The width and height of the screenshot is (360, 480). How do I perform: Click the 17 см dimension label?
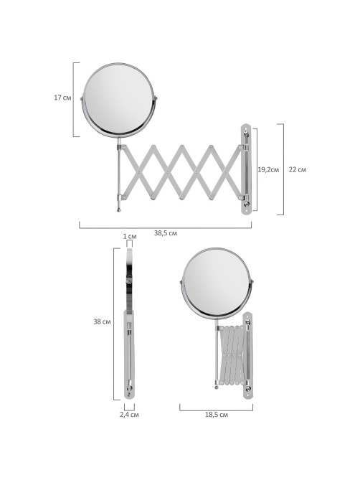(x=62, y=98)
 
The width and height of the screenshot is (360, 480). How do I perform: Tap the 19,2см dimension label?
(x=268, y=169)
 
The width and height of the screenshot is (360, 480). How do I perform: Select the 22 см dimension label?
(x=298, y=169)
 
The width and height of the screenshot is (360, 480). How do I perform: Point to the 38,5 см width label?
(x=166, y=233)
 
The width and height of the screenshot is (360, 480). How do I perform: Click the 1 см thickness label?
(x=130, y=236)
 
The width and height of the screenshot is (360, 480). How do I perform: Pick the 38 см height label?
(x=102, y=321)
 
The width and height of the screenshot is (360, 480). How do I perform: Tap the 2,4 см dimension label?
(x=129, y=415)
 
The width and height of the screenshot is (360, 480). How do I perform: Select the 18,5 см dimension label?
(x=217, y=415)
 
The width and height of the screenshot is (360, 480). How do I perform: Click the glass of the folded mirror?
(x=217, y=283)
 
